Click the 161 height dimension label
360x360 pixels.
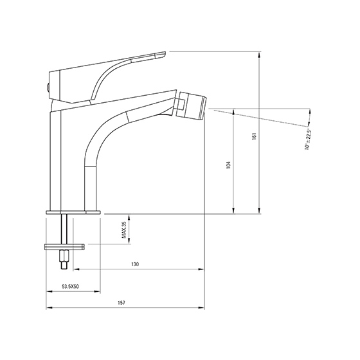[x=254, y=136]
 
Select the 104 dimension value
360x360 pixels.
[x=228, y=165]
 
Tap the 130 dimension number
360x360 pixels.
[x=135, y=264]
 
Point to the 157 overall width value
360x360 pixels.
[x=122, y=303]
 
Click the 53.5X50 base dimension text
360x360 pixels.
[x=71, y=286]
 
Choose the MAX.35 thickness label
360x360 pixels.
[x=124, y=230]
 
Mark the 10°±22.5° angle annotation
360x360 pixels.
[x=308, y=139]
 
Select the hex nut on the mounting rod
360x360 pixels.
[x=64, y=256]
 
